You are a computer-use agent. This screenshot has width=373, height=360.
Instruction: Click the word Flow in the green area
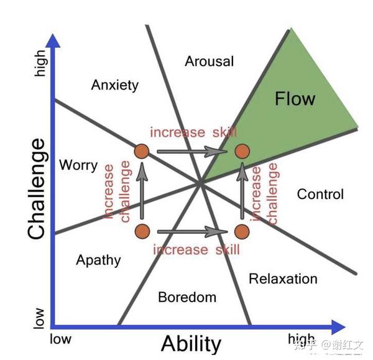pyautogui.click(x=295, y=99)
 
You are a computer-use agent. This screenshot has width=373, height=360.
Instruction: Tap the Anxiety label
pyautogui.click(x=114, y=85)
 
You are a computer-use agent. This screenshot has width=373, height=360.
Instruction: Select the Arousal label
pyautogui.click(x=210, y=62)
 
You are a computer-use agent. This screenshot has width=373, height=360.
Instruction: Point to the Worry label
pyautogui.click(x=78, y=165)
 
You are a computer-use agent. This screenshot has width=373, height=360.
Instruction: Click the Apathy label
pyautogui.click(x=98, y=261)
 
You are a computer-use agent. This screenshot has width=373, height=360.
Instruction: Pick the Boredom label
pyautogui.click(x=188, y=297)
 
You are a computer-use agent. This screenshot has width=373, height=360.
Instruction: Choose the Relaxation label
pyautogui.click(x=283, y=279)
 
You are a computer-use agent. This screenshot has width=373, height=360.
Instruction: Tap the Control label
pyautogui.click(x=320, y=194)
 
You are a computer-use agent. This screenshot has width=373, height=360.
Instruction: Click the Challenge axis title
pyautogui.click(x=37, y=188)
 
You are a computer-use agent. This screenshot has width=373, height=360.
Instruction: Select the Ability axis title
pyautogui.click(x=191, y=344)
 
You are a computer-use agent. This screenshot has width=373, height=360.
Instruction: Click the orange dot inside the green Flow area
pyautogui.click(x=242, y=151)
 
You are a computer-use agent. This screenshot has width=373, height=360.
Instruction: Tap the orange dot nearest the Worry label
pyautogui.click(x=142, y=151)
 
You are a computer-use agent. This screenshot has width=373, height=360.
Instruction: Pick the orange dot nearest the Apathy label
pyautogui.click(x=142, y=231)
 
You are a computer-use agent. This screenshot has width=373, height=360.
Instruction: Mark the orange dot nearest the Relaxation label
pyautogui.click(x=242, y=231)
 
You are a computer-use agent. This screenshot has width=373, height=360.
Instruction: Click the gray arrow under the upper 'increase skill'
pyautogui.click(x=192, y=152)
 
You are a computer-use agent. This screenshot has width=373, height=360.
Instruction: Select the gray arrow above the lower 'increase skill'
pyautogui.click(x=192, y=232)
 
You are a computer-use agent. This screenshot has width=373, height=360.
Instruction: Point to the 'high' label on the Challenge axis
pyautogui.click(x=40, y=63)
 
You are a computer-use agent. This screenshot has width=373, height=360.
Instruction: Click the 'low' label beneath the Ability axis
pyautogui.click(x=61, y=339)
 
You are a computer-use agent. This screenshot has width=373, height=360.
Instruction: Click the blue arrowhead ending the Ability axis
pyautogui.click(x=338, y=327)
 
